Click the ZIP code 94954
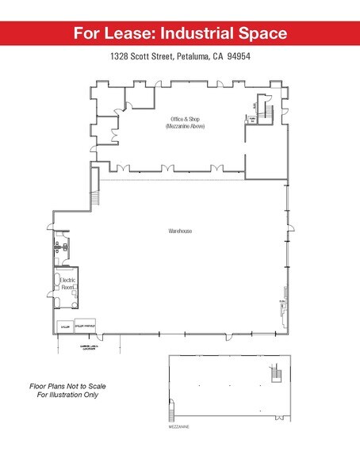(238, 57)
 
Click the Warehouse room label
(180, 231)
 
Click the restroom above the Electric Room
(63, 246)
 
